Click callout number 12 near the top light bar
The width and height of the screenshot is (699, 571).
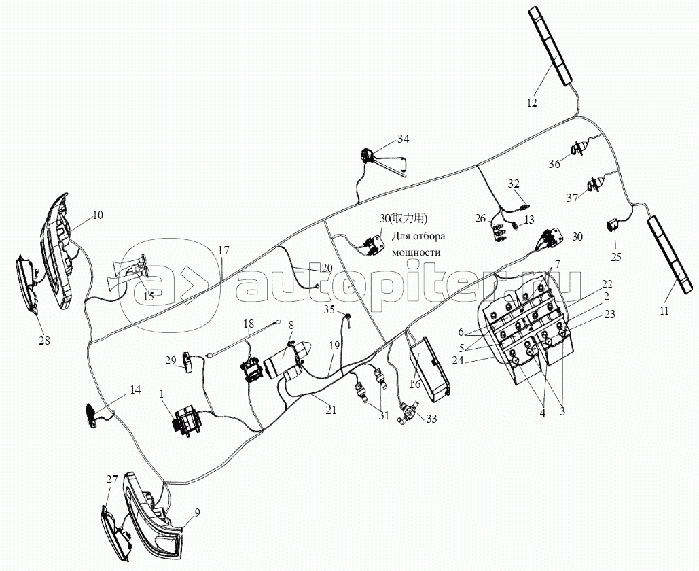coord(532,102)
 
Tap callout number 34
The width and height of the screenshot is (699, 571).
coord(403,139)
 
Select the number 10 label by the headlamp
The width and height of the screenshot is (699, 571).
coord(98,215)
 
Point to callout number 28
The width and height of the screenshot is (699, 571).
coord(44,341)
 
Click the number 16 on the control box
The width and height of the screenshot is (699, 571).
coord(415,384)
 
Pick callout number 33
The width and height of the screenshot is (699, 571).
coord(431,419)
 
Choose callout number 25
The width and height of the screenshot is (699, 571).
coord(615,256)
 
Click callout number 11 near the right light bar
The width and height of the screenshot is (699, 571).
coord(664,311)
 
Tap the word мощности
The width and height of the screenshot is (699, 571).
coord(416,252)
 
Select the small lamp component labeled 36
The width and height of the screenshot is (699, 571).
coord(577,148)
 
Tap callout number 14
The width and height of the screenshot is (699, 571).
coord(135,390)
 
